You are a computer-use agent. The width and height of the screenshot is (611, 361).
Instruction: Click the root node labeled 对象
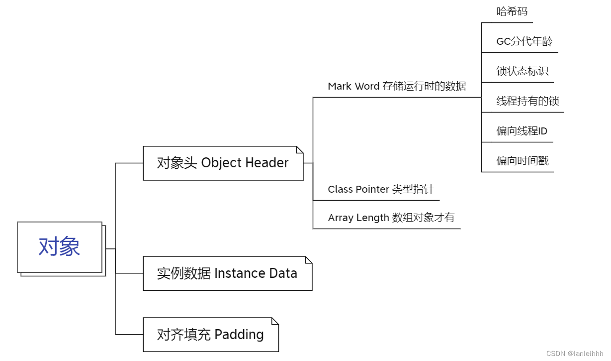pyautogui.click(x=60, y=247)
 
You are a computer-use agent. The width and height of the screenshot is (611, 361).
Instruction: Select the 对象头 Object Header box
pyautogui.click(x=223, y=163)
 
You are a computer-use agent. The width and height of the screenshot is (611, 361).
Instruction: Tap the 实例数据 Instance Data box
pyautogui.click(x=227, y=273)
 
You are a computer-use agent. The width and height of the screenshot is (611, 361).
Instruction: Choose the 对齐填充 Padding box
pyautogui.click(x=210, y=335)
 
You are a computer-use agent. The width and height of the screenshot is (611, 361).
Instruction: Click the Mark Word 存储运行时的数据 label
pyautogui.click(x=397, y=87)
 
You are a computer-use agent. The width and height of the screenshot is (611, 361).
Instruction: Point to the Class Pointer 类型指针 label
pyautogui.click(x=380, y=190)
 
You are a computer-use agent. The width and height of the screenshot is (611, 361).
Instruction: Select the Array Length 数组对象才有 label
pyautogui.click(x=391, y=218)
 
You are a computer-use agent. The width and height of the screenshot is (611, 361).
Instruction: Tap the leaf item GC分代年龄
pyautogui.click(x=524, y=42)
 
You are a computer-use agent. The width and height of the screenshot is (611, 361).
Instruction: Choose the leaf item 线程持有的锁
pyautogui.click(x=527, y=102)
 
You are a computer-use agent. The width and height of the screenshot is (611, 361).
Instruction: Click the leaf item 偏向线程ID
pyautogui.click(x=522, y=131)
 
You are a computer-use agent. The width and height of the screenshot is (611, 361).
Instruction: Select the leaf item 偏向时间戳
pyautogui.click(x=522, y=161)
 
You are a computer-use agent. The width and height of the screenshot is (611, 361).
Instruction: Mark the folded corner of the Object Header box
pyautogui.click(x=300, y=149)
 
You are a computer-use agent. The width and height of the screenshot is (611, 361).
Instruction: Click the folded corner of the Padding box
pyautogui.click(x=275, y=321)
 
